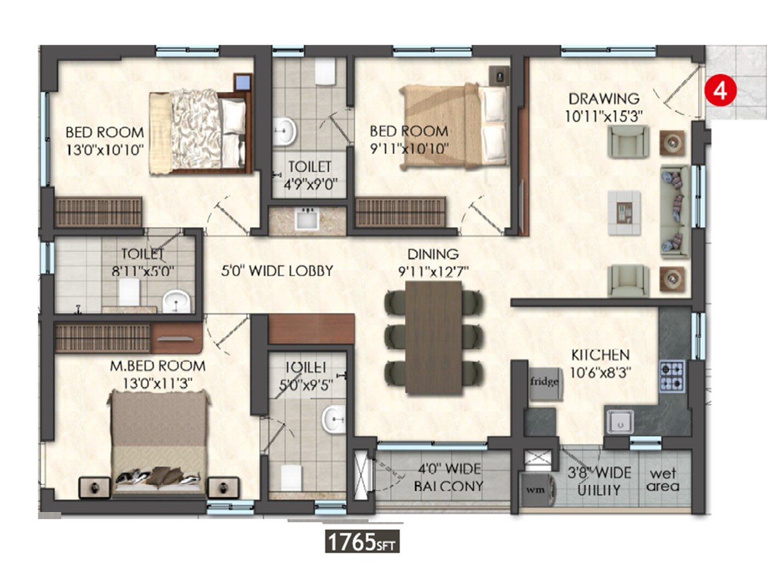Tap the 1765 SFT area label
[362, 542]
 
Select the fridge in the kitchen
[543, 382]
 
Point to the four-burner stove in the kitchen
[672, 375]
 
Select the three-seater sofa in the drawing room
[674, 211]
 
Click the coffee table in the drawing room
[624, 213]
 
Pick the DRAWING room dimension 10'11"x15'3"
[603, 116]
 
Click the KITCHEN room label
[600, 355]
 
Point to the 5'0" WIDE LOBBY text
[277, 271]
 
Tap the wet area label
[662, 480]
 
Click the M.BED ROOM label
[158, 366]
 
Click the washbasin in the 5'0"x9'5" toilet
[333, 420]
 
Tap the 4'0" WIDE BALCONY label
[449, 477]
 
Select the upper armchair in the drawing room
[629, 141]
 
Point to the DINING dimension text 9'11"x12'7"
[433, 271]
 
